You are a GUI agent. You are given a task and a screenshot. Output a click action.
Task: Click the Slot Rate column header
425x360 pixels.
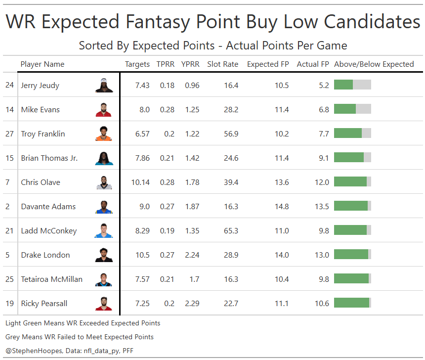tap(222, 64)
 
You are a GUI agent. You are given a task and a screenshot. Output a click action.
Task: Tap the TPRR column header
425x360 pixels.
tap(166, 64)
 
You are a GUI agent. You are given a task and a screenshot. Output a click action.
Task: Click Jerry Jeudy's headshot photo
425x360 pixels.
tap(104, 86)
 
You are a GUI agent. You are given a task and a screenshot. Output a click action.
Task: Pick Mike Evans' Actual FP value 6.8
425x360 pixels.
tap(324, 110)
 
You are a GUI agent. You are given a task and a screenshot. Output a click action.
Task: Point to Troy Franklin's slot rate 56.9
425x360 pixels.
tap(231, 134)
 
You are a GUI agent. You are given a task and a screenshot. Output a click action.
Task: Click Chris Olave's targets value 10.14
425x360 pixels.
tap(140, 182)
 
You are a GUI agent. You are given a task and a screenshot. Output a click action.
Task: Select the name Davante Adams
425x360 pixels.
tap(48, 207)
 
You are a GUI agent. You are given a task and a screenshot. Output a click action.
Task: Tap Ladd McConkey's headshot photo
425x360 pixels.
tap(104, 231)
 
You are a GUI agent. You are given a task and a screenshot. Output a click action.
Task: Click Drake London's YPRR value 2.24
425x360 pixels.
tap(190, 255)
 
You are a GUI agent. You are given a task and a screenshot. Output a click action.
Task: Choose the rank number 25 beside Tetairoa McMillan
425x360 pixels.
tap(10, 279)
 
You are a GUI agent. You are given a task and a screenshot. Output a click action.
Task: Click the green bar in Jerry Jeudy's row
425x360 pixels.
tap(343, 85)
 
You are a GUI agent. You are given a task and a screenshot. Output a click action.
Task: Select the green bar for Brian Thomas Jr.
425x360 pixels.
tap(349, 158)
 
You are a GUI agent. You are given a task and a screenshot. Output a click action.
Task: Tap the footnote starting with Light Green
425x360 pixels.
tap(83, 323)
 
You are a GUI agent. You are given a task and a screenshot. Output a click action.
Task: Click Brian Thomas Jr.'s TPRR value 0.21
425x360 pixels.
tap(167, 158)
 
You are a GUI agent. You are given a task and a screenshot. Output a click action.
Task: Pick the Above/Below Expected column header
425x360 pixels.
tap(374, 64)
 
